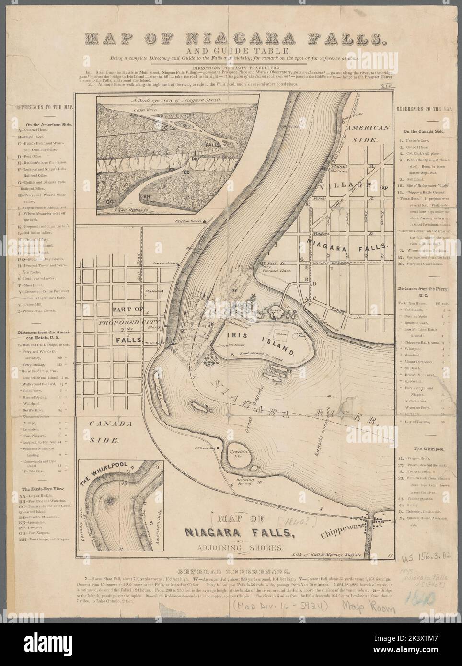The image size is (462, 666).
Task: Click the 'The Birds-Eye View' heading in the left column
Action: (x=43, y=488)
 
